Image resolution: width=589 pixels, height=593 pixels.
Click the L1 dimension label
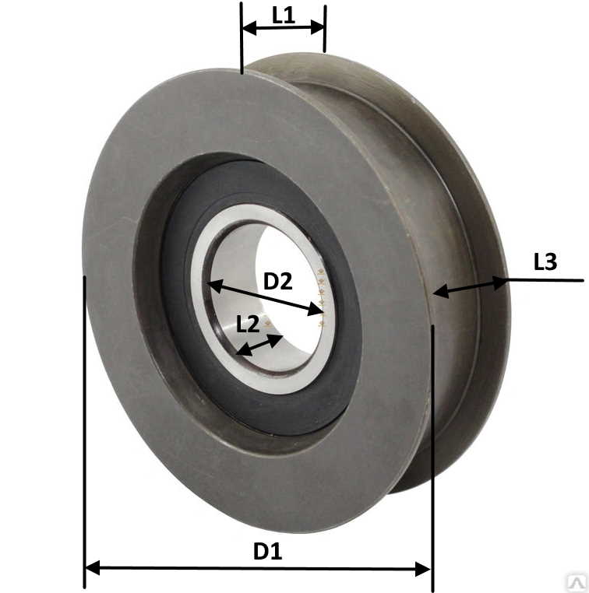(x=283, y=16)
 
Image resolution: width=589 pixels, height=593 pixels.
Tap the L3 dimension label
(x=545, y=261)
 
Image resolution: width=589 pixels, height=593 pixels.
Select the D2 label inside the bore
(x=278, y=281)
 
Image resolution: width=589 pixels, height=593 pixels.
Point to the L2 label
(x=248, y=324)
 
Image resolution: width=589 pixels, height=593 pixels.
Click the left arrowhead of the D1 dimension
(x=93, y=567)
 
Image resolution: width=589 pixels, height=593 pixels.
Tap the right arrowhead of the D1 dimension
(x=423, y=569)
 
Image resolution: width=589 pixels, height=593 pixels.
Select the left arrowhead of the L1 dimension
(x=249, y=27)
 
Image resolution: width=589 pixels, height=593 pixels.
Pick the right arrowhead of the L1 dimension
(x=318, y=27)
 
